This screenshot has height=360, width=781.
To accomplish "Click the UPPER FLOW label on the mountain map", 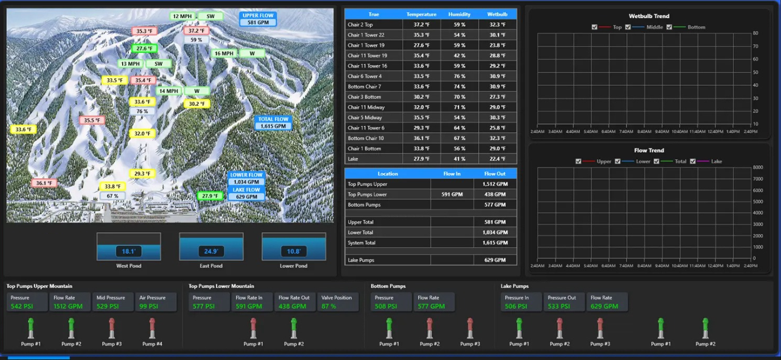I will point(258,16).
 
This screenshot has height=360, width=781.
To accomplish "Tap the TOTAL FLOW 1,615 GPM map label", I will point(273,123).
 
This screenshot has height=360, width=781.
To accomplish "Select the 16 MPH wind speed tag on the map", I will point(224,53).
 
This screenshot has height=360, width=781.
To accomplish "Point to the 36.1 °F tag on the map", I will point(44,183).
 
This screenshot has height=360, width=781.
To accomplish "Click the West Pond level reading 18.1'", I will point(128,252).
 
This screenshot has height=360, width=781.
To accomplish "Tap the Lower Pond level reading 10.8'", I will point(294,252).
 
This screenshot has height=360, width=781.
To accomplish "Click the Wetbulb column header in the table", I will point(497,14).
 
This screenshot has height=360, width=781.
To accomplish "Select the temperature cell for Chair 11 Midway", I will point(421,107).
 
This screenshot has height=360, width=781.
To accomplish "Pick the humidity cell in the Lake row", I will point(460,159).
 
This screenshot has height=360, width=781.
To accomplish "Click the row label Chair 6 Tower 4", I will point(365,76).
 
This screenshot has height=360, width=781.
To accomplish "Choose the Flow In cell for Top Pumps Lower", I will point(452,194).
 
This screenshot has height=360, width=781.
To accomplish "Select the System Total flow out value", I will point(495,242).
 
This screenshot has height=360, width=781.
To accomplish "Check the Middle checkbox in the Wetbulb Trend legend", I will point(628,27).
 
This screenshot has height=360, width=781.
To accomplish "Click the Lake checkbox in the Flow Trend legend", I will point(692,161).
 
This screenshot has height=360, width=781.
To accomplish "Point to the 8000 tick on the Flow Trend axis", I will point(757,168).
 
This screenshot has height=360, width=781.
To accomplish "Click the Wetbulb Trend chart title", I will point(649,16).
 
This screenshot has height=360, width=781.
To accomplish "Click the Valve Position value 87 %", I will point(328,307).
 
